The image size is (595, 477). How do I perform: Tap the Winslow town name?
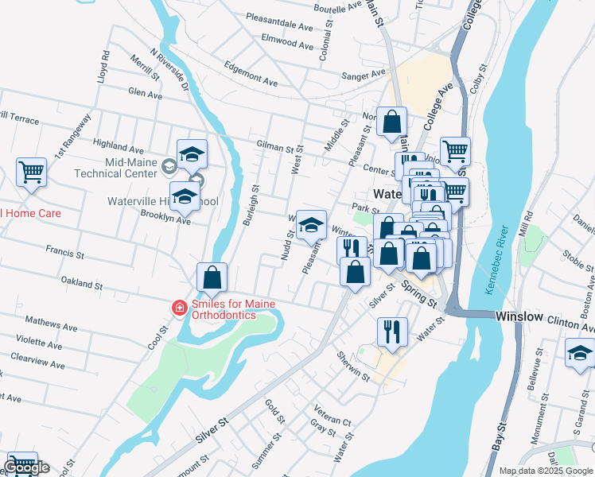click(x=519, y=316)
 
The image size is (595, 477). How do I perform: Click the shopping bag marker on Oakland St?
click(x=212, y=277)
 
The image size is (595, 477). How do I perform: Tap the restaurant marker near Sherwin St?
click(x=391, y=331)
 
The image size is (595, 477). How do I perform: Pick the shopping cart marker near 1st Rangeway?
click(x=31, y=171)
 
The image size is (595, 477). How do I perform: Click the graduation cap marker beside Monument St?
click(x=580, y=352)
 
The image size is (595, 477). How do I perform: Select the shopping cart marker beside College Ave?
click(x=454, y=150)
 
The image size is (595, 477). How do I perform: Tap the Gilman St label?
click(x=275, y=145)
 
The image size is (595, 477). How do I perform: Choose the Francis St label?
click(x=64, y=253)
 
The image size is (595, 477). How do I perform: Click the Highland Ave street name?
click(x=118, y=147)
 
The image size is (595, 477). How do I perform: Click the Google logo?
click(x=25, y=467)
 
